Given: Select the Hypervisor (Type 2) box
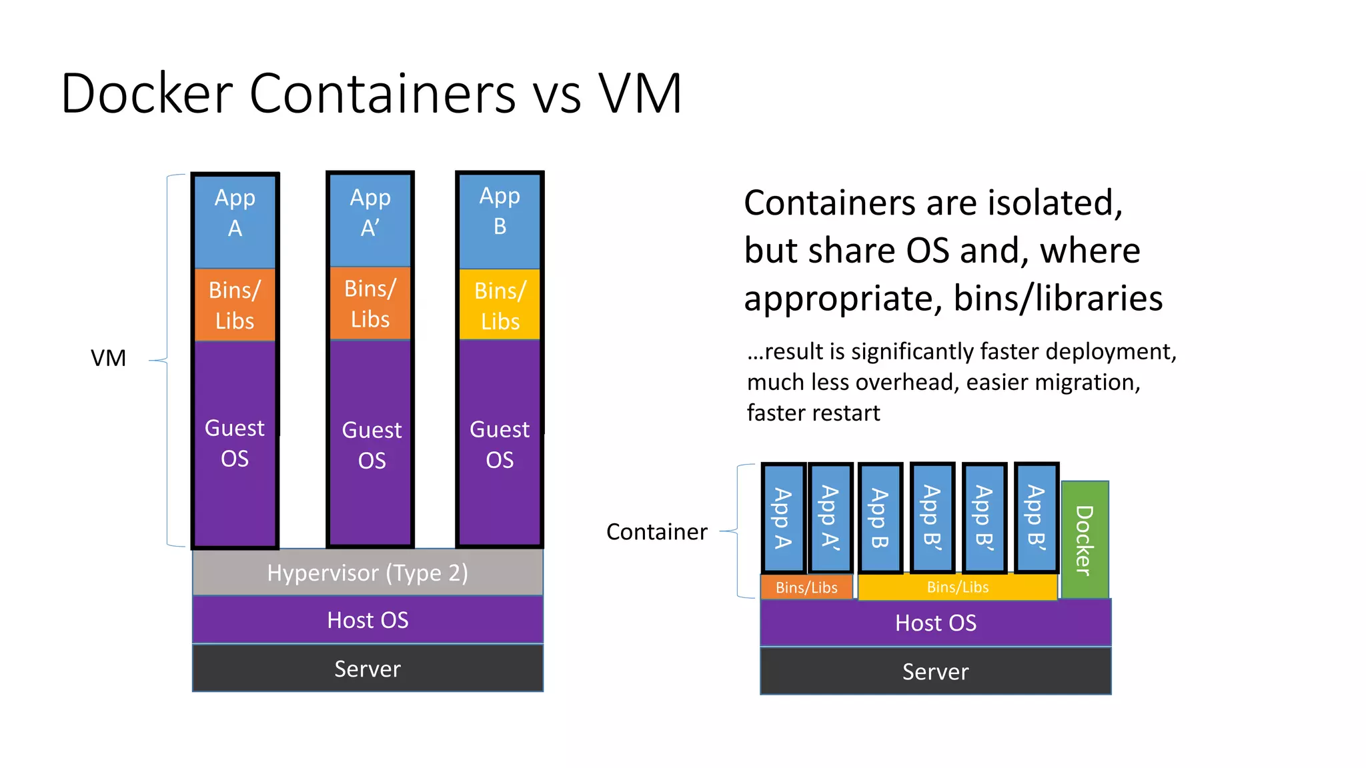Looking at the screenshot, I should coord(368,573).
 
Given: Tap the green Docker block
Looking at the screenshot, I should coord(1085,539).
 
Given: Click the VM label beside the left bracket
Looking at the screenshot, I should coord(108,359).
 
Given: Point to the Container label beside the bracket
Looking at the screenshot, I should coord(656,532).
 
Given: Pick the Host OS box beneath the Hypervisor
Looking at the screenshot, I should coord(368,620).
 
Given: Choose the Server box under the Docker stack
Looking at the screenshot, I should coord(935,671).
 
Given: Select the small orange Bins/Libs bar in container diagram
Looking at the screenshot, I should coord(806,587).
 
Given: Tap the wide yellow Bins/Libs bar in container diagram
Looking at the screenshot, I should coord(957,587).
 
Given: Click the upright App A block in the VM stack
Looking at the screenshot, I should coord(235,220).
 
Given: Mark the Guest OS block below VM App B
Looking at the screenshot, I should coord(500,443).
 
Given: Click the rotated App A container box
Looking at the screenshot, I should coord(783,518).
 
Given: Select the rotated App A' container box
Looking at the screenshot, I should coord(830,518).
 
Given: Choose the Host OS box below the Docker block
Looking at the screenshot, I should coord(935,623).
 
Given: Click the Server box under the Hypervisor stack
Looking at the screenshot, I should coord(368,669).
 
